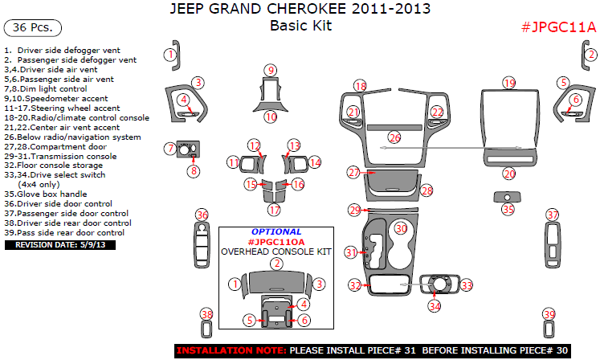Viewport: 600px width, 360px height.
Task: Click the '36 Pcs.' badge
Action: coord(33,28)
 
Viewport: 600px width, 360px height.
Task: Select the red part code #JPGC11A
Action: coord(558,27)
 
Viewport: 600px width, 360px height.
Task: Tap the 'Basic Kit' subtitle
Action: coord(300,25)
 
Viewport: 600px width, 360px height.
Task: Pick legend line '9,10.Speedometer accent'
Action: coord(55,99)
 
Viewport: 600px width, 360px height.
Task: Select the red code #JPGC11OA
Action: coord(276,241)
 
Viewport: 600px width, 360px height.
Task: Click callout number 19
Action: coord(508,84)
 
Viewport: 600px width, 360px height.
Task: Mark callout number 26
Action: coord(394,138)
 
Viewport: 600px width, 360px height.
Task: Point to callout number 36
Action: coord(202,215)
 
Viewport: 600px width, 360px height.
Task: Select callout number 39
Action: coord(549,314)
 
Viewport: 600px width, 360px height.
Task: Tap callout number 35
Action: coord(508,210)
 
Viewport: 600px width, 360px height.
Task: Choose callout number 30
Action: coord(400,228)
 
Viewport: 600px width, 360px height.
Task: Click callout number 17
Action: coord(274,210)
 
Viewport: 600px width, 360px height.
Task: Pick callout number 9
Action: coord(271,70)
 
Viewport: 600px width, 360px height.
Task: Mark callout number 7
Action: coord(169,148)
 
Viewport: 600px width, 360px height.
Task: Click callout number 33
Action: coord(467,285)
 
